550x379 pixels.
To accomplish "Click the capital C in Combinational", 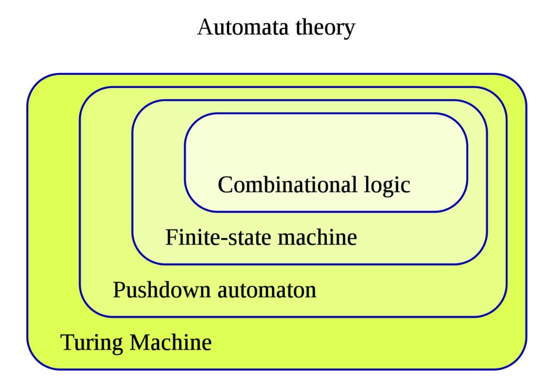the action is coord(225,185).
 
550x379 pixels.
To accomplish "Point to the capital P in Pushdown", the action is coord(118,290).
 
